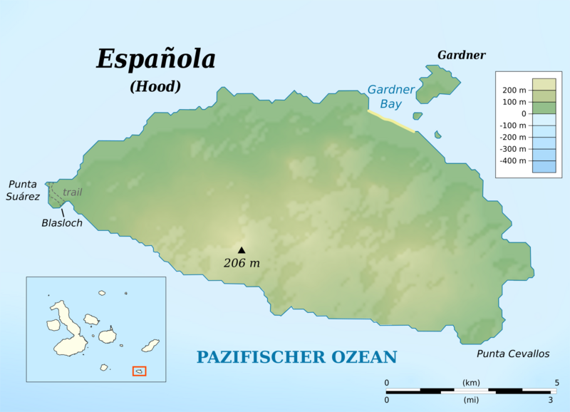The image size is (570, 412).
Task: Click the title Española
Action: point(155,60)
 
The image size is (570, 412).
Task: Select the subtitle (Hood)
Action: point(155,86)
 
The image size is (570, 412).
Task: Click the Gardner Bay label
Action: point(390,96)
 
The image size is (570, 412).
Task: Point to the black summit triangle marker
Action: point(242,249)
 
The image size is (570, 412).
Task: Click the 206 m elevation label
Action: point(242,263)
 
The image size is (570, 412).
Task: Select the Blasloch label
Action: point(61,223)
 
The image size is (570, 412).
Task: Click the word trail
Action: point(72,192)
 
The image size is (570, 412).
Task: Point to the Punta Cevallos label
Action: point(505,354)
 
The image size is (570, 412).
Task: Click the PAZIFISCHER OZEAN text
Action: point(297,357)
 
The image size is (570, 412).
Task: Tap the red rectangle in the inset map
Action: point(140,371)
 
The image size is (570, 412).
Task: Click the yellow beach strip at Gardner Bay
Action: point(390,121)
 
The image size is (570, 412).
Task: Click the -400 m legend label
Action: point(512,160)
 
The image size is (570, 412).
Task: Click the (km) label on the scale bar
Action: point(471,383)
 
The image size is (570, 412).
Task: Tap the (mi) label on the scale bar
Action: point(471,399)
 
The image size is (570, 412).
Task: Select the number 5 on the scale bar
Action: point(556,383)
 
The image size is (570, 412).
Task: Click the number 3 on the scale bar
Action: point(551,399)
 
